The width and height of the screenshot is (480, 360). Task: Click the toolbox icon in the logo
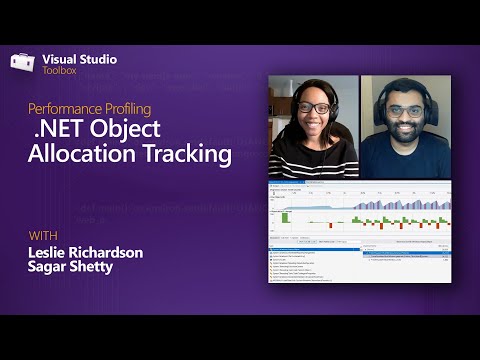(x=24, y=62)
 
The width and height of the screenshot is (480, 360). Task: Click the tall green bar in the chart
(x=285, y=216)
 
